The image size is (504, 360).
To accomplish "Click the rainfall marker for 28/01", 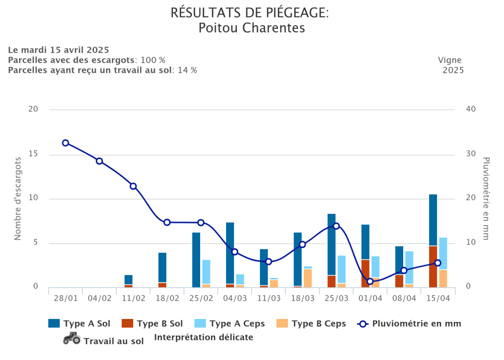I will pyautogui.click(x=66, y=143).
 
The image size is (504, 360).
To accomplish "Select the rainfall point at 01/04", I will pyautogui.click(x=370, y=281).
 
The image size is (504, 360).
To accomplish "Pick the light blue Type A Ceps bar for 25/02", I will pyautogui.click(x=206, y=271).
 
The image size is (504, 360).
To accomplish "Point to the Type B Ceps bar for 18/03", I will pyautogui.click(x=307, y=278).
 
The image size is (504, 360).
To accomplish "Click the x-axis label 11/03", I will pyautogui.click(x=269, y=298).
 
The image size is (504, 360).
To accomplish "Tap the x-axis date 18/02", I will pyautogui.click(x=167, y=298).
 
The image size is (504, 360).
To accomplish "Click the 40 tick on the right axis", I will pyautogui.click(x=470, y=109).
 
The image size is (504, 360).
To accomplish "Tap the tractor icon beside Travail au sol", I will pyautogui.click(x=72, y=338).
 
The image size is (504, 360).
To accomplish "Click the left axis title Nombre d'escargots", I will pyautogui.click(x=18, y=199).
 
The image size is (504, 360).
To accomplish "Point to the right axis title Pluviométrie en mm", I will pyautogui.click(x=486, y=199).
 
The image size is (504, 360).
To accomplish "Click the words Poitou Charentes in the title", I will pyautogui.click(x=252, y=28).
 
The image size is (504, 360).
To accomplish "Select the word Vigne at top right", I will pyautogui.click(x=450, y=60).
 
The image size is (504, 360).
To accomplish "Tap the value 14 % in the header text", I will pyautogui.click(x=187, y=70).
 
